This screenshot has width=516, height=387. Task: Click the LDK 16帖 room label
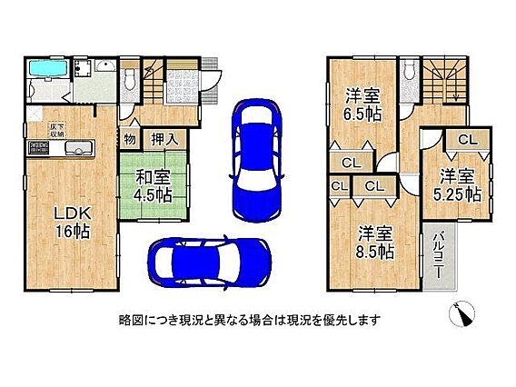point(73,223)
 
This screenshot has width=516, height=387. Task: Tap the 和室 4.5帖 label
point(153,187)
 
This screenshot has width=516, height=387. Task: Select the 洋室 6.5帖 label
point(362,105)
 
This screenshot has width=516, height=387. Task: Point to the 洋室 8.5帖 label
point(374,243)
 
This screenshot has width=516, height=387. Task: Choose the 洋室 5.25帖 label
point(457,185)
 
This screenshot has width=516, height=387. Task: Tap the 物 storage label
point(130,139)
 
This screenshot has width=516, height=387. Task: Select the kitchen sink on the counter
point(79,148)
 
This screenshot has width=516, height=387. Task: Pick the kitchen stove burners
point(39,147)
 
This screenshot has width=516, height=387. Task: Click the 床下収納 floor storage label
point(57,130)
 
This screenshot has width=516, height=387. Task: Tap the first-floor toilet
point(128,80)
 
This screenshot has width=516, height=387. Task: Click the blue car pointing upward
point(257,159)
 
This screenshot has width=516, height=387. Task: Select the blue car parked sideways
point(209,263)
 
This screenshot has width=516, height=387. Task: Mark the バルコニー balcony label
point(438,255)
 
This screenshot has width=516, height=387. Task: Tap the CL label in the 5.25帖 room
point(467,141)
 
